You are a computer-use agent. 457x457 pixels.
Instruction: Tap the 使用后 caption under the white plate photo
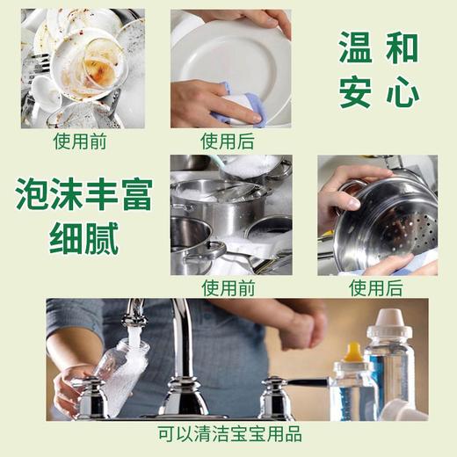[x=230, y=141]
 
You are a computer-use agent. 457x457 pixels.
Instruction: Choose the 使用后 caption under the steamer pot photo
[x=377, y=287]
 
